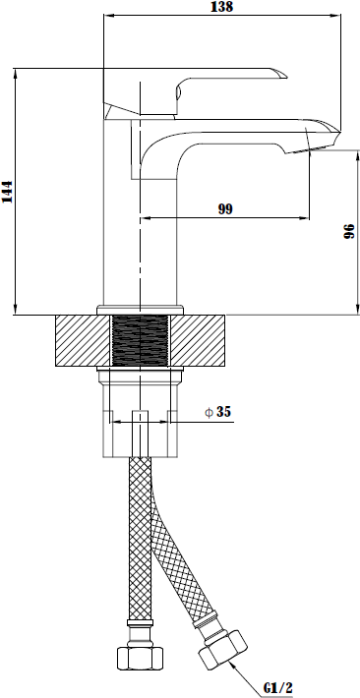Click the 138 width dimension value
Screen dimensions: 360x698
pos(222,7)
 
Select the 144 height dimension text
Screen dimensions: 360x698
pos(8,192)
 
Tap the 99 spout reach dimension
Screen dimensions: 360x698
pos(225,208)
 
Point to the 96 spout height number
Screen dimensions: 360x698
pos(349,231)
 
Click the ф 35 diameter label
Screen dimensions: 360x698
pos(218,412)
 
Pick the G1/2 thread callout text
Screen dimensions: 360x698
pos(277,687)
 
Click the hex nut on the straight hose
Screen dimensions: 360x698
pos(140,658)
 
